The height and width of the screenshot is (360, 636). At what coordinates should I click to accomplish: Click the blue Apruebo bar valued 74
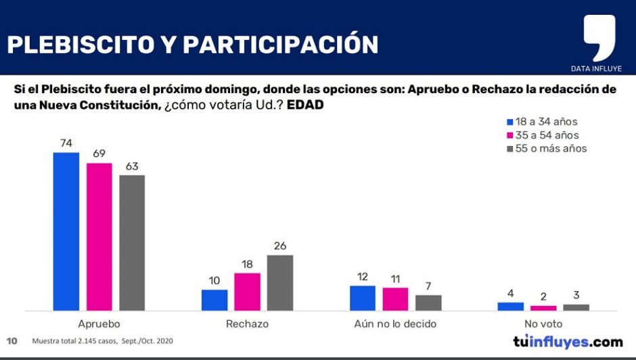point(66,231)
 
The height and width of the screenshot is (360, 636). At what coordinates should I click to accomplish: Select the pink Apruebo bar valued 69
point(99,236)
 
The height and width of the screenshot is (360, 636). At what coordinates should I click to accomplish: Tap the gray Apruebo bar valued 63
point(132,242)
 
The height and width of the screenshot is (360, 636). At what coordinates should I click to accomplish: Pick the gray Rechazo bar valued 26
point(280,282)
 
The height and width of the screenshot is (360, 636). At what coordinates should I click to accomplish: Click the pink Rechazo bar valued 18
point(247,292)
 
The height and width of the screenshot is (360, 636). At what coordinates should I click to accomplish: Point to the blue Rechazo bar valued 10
point(214,300)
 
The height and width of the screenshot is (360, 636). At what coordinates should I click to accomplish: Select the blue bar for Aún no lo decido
point(363,298)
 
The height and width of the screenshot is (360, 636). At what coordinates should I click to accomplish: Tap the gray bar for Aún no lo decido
point(428,303)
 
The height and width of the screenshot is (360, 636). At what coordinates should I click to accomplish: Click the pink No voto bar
point(543,308)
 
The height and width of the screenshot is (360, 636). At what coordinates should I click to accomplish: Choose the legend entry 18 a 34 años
point(541,122)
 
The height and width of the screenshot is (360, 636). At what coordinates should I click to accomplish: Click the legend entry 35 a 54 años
point(541,135)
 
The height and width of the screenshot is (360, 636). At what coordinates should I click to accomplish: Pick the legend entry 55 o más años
point(545,148)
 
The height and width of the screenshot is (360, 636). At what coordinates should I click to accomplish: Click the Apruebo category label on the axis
point(99,324)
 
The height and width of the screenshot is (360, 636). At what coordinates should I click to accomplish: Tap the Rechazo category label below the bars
point(247,324)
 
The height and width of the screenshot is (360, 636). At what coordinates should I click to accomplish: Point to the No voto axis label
point(543,324)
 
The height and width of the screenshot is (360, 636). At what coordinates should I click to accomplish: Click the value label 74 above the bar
point(66,143)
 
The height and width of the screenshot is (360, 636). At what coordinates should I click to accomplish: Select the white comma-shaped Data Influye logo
point(599,37)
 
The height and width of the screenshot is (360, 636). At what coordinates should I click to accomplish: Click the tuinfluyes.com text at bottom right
point(568,341)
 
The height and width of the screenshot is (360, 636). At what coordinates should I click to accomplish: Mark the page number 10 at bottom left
point(12,340)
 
